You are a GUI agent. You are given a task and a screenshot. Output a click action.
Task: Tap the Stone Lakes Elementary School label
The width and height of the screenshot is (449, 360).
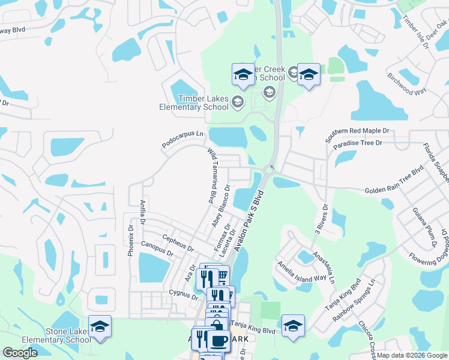[56, 335]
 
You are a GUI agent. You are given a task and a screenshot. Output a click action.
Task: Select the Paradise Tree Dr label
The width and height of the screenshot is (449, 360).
[358, 143]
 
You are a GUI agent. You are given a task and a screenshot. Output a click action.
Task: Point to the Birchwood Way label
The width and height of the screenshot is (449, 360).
[406, 83]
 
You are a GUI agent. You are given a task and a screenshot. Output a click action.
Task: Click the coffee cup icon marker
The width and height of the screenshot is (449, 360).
[218, 341]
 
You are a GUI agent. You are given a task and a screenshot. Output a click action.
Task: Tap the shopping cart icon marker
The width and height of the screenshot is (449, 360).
[221, 277]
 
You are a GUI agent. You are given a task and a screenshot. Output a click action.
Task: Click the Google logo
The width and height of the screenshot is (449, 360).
[20, 353]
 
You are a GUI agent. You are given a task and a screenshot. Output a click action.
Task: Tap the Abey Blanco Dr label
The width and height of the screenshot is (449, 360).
[220, 206]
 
